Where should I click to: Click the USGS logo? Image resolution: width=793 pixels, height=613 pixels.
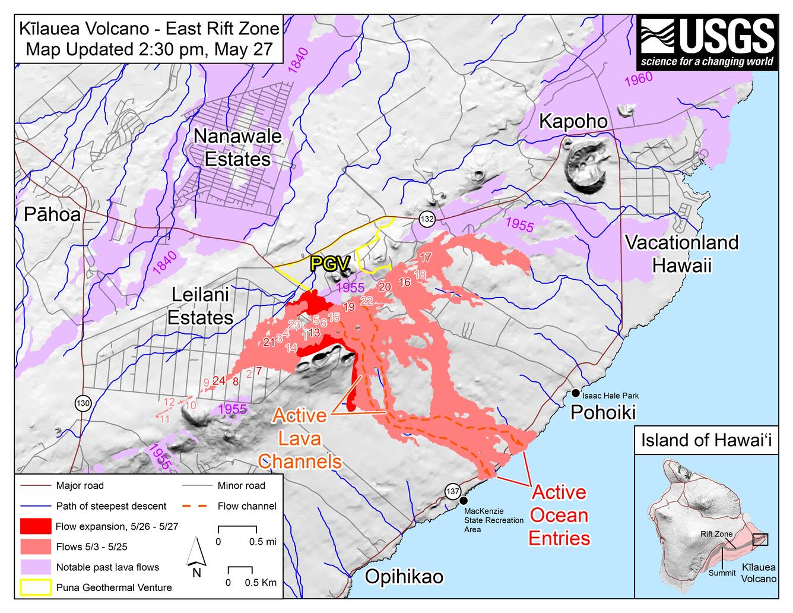tap(708, 43)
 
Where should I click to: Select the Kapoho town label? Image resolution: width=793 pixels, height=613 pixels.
tap(573, 121)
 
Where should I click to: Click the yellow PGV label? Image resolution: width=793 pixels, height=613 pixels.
tap(330, 264)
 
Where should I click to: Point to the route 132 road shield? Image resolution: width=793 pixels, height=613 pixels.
tap(427, 219)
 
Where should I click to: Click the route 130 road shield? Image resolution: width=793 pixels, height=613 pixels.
tap(83, 404)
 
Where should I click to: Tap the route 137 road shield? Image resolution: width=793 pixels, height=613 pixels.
tap(453, 491)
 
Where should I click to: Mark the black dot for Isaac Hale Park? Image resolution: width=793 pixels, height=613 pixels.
tap(575, 393)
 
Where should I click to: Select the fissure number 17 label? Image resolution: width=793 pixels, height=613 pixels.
tap(425, 257)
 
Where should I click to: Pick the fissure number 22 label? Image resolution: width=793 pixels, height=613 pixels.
tap(366, 301)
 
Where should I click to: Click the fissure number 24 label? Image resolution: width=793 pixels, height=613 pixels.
tap(218, 381)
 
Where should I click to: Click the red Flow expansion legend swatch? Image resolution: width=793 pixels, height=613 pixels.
tap(36, 526)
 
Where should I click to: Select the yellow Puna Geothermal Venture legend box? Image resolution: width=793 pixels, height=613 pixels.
tap(36, 587)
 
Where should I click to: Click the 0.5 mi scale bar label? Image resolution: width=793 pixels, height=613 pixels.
tap(262, 542)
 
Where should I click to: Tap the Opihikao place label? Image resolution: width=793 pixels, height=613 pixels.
tap(404, 576)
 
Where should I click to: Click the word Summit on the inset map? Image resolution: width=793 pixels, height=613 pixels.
tap(722, 573)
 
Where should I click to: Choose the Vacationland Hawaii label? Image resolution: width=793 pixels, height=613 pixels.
tap(681, 253)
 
